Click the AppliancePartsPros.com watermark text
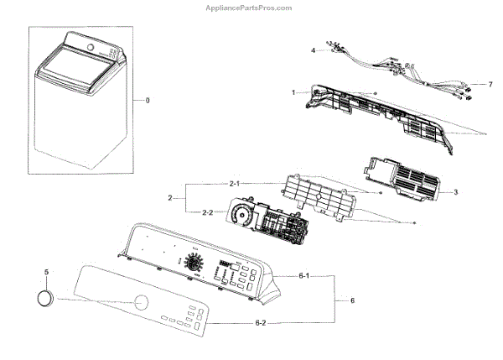[251, 8]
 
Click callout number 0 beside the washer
[148, 101]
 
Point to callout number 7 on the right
[490, 84]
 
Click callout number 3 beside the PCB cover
[454, 192]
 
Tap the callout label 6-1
[308, 275]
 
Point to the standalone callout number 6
[352, 300]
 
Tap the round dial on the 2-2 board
[243, 217]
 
